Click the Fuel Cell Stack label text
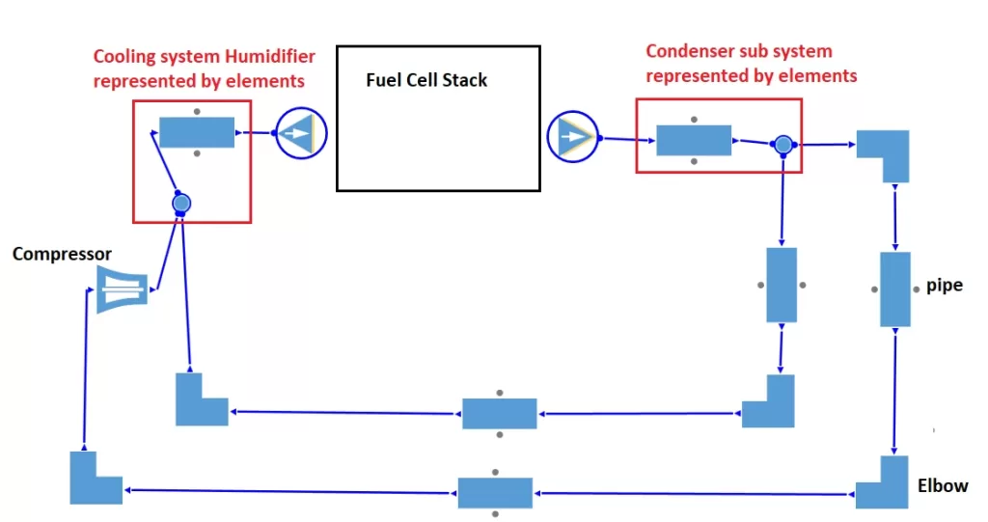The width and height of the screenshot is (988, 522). click(x=426, y=80)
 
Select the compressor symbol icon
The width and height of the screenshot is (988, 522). click(x=123, y=289)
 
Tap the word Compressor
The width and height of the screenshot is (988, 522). click(x=62, y=254)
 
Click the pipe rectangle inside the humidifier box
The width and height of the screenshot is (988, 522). click(x=197, y=131)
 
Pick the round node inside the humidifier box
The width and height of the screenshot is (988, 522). click(x=180, y=204)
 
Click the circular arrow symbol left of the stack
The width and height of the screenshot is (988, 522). click(x=302, y=132)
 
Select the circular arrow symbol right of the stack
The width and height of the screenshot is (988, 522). click(x=572, y=137)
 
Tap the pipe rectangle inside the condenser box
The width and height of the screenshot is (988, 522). click(x=694, y=140)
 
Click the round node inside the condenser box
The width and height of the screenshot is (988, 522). click(x=783, y=145)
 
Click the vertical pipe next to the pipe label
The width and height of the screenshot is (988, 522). click(x=895, y=288)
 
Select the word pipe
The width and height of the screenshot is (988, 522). click(x=944, y=286)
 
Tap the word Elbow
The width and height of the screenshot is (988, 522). click(x=943, y=485)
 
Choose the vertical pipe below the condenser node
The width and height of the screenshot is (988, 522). click(x=782, y=285)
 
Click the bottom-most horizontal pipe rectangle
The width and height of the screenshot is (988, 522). click(x=495, y=492)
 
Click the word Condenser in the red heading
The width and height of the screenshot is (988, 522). click(x=686, y=51)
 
